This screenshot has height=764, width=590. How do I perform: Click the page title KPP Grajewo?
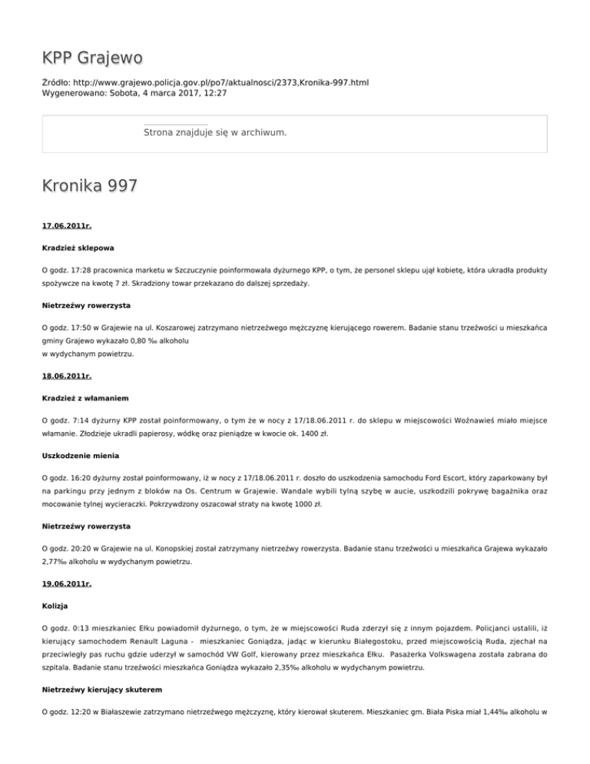[92, 58]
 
